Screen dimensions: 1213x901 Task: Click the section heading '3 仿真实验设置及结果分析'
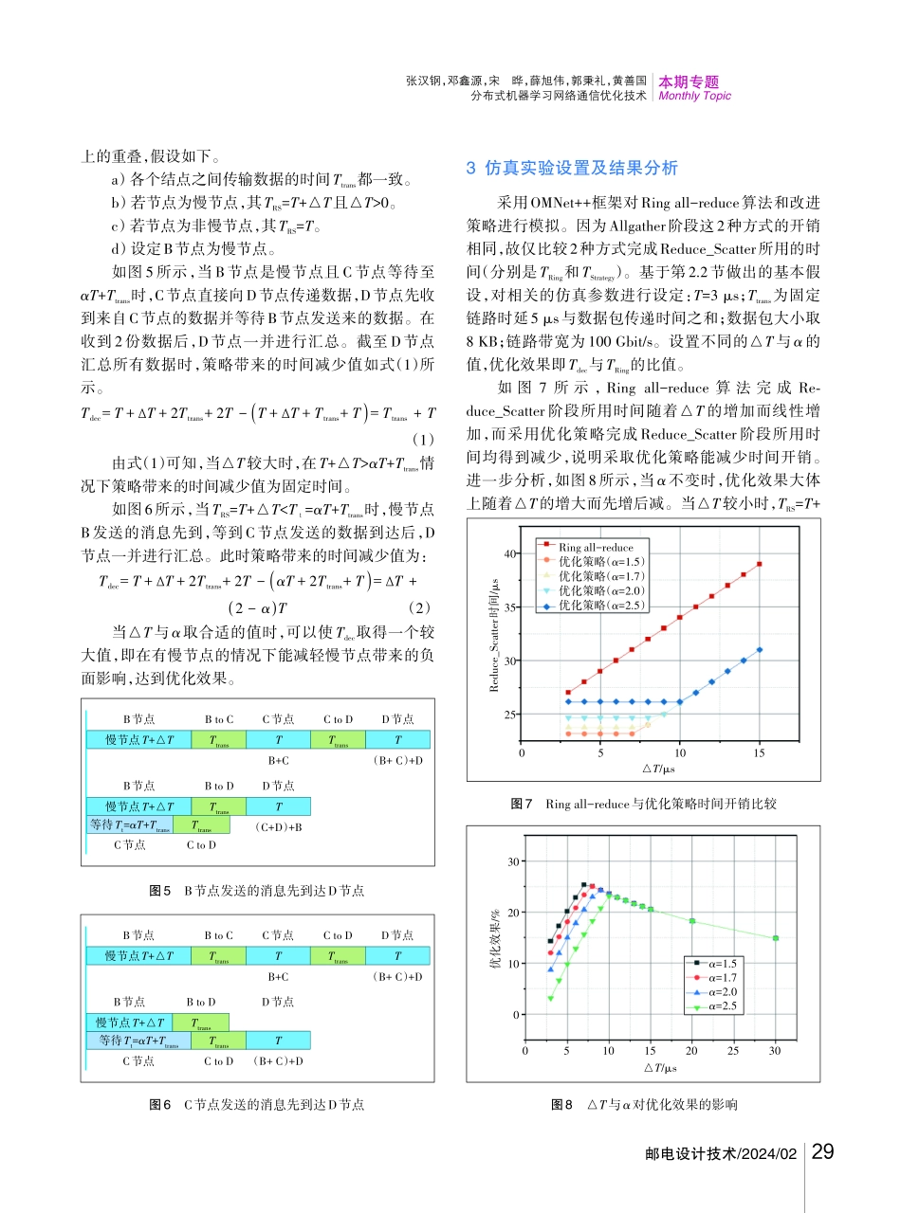click(573, 169)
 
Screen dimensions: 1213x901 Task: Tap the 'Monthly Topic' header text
click(694, 96)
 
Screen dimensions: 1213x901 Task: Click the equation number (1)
click(424, 440)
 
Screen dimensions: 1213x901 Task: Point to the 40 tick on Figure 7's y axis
click(509, 553)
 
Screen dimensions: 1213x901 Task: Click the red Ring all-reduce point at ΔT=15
click(760, 564)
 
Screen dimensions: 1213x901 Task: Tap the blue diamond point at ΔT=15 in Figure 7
click(760, 650)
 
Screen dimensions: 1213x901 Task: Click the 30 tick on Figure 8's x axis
click(775, 1050)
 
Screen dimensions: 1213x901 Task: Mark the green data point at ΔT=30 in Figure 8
click(776, 938)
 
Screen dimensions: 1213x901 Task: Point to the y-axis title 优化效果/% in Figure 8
click(493, 937)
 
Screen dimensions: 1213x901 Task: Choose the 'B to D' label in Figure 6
click(200, 1002)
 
